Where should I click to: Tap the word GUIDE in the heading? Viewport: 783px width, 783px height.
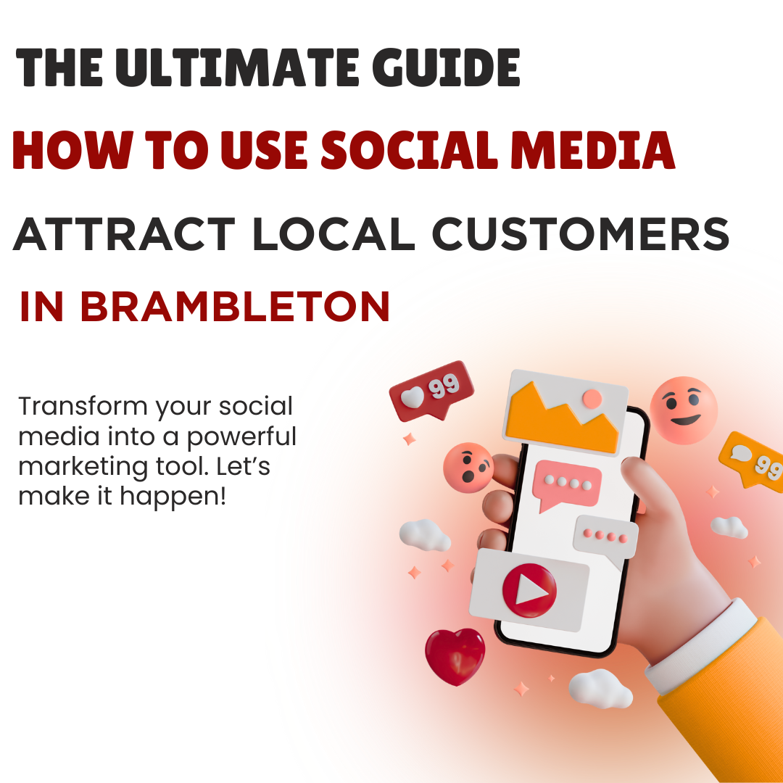(446, 68)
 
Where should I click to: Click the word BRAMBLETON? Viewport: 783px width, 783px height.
(235, 306)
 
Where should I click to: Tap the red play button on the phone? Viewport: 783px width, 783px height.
(529, 590)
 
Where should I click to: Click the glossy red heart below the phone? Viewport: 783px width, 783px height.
(455, 656)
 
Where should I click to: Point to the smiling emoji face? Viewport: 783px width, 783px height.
(684, 410)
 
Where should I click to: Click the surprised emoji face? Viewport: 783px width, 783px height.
(468, 468)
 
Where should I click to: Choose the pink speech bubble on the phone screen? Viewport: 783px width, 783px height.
(566, 484)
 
